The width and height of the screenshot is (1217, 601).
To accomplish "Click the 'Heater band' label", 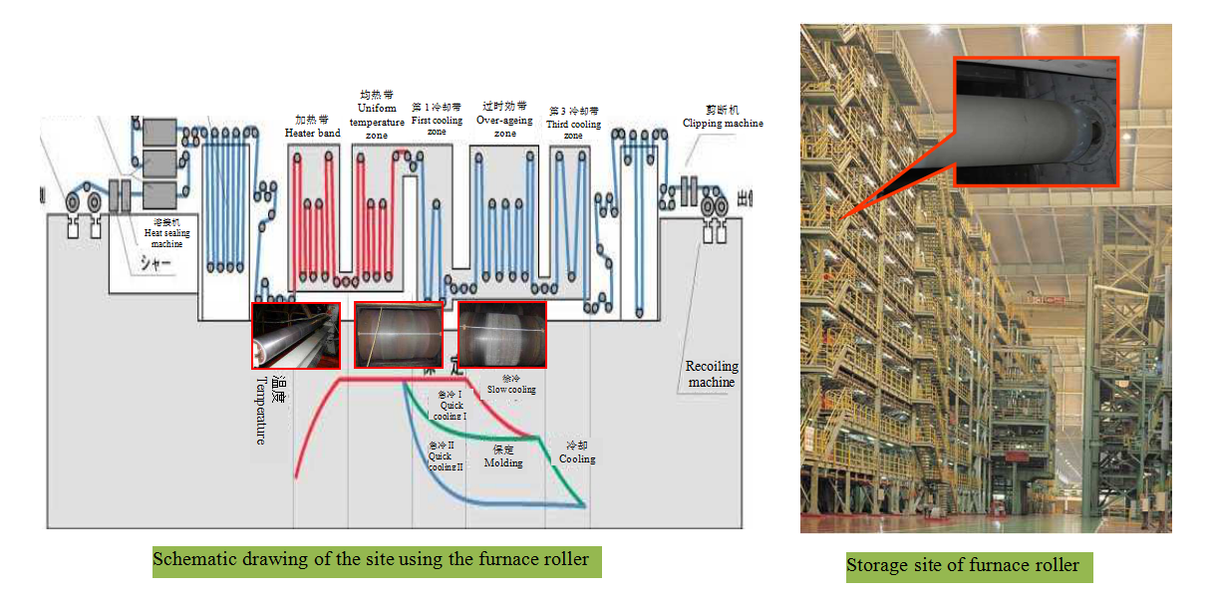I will tap(312, 133).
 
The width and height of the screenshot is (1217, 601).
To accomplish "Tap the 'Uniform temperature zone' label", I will tap(377, 121).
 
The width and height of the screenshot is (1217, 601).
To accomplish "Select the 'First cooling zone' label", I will tap(437, 126).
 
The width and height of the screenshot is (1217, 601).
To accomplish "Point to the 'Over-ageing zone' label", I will tap(505, 126).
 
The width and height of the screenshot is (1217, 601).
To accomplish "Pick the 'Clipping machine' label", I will tap(723, 123).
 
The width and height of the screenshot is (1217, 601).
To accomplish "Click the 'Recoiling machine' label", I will tap(712, 374).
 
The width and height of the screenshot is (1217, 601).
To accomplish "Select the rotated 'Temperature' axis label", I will tap(261, 410).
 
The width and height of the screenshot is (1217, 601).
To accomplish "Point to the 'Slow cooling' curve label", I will tap(511, 389).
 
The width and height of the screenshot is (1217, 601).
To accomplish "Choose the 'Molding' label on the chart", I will tap(503, 462).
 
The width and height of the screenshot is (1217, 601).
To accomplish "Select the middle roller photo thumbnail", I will tap(398, 335).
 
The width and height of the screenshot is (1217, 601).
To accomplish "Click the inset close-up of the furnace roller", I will tap(1036, 120).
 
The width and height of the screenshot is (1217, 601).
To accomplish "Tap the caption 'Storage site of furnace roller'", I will tap(963, 566).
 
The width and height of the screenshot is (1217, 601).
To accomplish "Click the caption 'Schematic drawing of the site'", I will tap(377, 559).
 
